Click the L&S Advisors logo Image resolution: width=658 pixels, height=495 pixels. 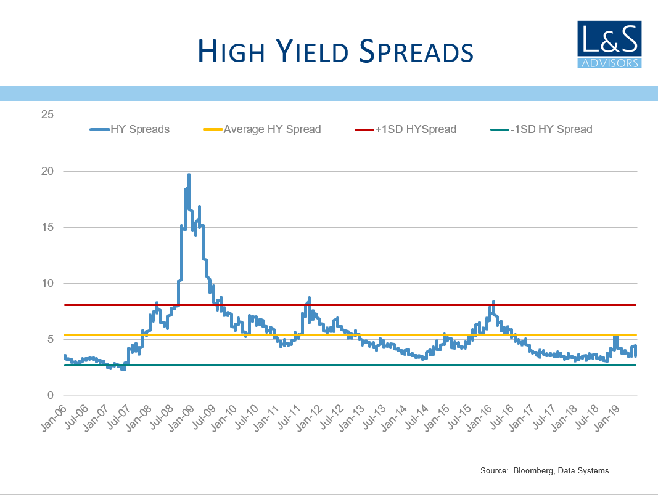click(609, 44)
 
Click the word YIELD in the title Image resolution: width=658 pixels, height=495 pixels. click(312, 51)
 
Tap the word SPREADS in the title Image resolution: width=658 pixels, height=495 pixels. click(416, 51)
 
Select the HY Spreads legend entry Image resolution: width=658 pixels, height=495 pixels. click(130, 129)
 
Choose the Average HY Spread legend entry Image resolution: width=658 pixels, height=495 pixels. click(262, 129)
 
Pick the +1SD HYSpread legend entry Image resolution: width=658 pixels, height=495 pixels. click(405, 129)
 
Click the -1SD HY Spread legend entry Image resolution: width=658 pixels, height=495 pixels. click(541, 129)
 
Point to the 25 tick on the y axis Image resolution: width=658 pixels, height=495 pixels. click(47, 115)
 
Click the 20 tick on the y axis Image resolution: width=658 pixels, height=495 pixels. click(47, 171)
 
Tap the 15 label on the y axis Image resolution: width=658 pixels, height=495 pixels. click(47, 227)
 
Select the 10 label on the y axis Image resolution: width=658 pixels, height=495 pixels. click(47, 283)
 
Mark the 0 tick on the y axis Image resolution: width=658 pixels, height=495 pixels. click(51, 395)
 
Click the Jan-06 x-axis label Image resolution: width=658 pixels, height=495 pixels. click(54, 418)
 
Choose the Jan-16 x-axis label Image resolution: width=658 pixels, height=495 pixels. click(479, 418)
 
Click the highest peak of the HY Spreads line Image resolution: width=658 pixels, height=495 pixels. click(189, 175)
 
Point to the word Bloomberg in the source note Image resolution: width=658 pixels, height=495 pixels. click(533, 471)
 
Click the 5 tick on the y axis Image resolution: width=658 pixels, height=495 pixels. click(51, 339)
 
